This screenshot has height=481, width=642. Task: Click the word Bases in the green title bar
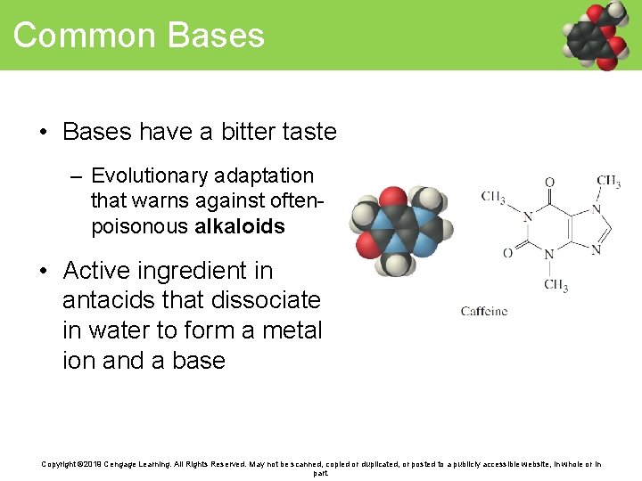click(x=216, y=36)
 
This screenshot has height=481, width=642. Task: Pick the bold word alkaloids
click(x=239, y=226)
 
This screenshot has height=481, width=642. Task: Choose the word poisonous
click(x=139, y=226)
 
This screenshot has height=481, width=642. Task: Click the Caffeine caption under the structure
click(x=484, y=311)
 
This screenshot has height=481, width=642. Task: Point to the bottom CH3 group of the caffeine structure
click(x=556, y=286)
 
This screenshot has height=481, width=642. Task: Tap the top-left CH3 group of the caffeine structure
click(x=494, y=197)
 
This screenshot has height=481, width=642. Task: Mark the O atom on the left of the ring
click(x=507, y=253)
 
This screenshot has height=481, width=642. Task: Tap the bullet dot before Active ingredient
click(x=44, y=271)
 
